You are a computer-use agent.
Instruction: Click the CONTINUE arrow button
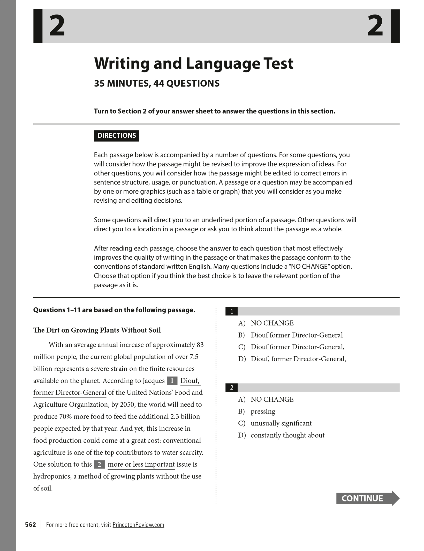pos(367,498)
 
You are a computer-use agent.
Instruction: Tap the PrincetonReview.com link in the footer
pos(138,525)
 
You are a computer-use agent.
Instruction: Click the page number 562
pos(31,525)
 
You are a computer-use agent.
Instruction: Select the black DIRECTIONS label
pos(116,136)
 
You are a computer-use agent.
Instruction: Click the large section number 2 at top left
pos(57,26)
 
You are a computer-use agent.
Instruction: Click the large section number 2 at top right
pos(375,26)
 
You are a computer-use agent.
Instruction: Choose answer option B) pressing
pos(263,411)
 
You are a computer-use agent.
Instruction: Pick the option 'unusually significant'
pos(281,423)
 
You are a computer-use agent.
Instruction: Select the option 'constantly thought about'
pos(287,435)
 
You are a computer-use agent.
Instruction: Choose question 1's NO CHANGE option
pos(272,323)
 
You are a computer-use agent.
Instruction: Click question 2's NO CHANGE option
pos(272,399)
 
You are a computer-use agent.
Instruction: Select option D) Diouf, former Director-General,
pos(298,359)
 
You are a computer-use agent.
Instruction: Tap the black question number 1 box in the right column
pos(232,311)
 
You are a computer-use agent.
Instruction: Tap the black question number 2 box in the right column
pos(232,387)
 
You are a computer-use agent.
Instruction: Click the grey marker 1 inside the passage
pos(172,381)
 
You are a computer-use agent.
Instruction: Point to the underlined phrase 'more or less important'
pos(141,464)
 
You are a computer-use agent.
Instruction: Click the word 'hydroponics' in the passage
pos(52,476)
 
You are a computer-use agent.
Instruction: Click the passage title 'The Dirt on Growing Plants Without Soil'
pos(97,330)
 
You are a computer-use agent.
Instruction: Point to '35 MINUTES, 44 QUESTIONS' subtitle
pos(157,83)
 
